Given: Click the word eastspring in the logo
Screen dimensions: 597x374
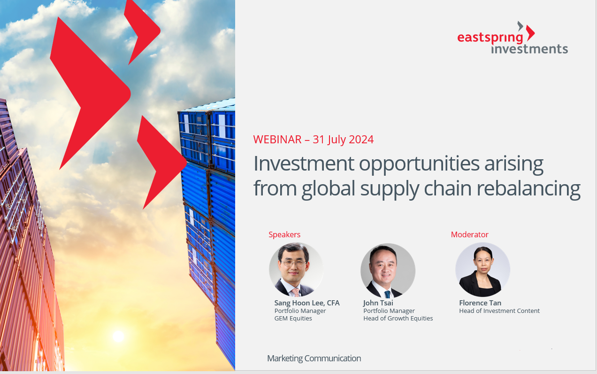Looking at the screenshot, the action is click(490, 38).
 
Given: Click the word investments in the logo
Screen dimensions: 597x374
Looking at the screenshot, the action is click(529, 49).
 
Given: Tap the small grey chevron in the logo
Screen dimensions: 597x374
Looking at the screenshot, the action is click(520, 26).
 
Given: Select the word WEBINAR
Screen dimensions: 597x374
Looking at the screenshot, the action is click(277, 140).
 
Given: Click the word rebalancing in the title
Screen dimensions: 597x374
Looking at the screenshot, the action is click(528, 188).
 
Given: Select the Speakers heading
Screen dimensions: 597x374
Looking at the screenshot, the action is click(284, 235).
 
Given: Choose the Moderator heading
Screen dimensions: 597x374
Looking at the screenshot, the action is click(470, 234).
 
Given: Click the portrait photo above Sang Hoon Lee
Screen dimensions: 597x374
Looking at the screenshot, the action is click(296, 270).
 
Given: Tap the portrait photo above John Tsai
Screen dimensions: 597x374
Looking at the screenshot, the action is click(388, 271).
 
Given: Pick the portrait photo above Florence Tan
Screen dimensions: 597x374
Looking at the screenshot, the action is click(482, 270).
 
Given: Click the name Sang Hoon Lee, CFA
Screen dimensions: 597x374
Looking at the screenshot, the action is click(307, 303).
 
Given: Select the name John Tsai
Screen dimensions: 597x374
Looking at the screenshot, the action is click(378, 303).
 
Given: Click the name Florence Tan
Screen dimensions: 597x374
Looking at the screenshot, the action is click(480, 303).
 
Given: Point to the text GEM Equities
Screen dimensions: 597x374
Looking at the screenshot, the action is click(293, 318).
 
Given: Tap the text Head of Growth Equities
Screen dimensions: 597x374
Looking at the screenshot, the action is click(398, 318).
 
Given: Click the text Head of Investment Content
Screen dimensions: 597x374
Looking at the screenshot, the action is click(499, 311).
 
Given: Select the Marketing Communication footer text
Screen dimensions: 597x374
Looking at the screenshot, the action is click(314, 358).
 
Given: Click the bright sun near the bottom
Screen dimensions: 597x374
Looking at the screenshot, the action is click(118, 336).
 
